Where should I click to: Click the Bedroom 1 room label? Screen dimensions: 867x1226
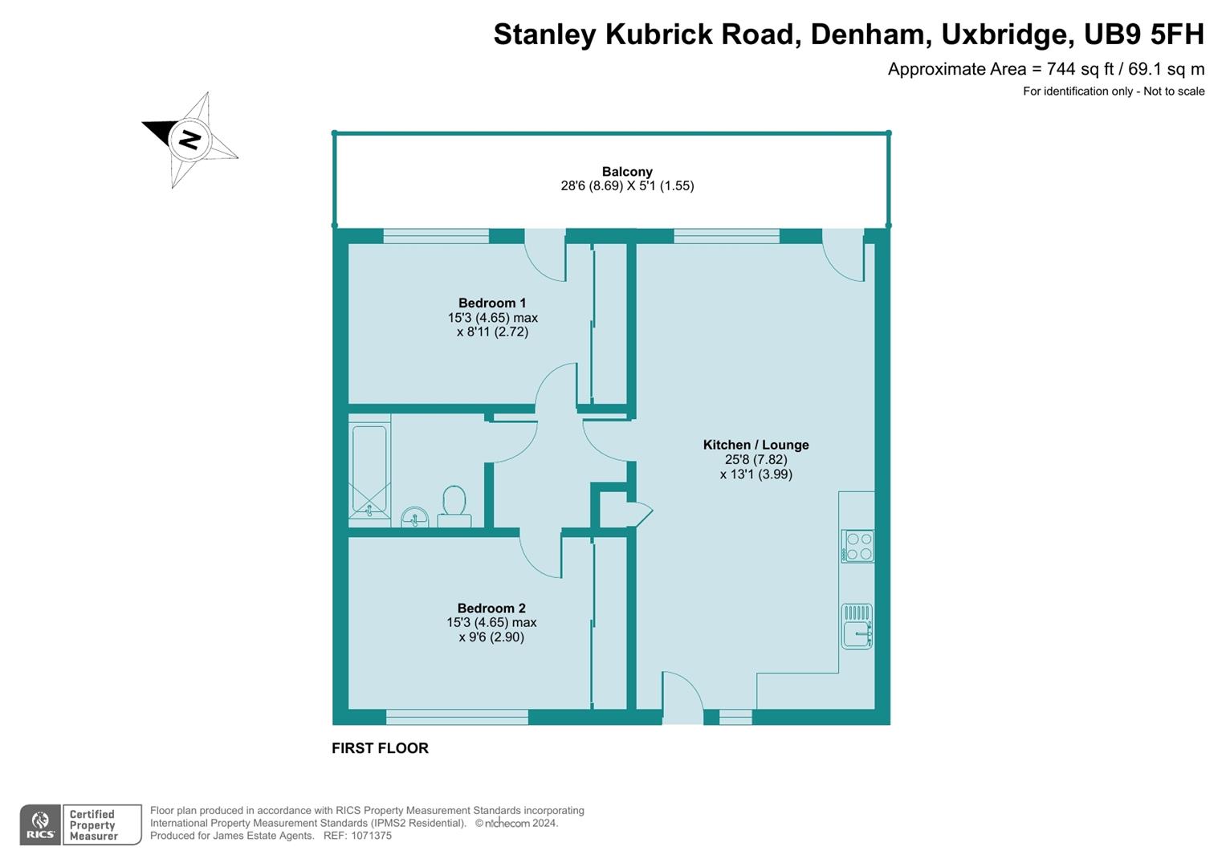click(492, 303)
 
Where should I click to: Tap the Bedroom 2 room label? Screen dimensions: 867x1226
click(491, 608)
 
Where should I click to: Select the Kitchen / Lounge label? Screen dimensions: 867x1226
click(756, 445)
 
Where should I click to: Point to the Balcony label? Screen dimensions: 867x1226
click(627, 171)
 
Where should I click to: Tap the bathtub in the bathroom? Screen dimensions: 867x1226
click(369, 469)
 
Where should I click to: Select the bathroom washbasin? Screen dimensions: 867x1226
click(414, 517)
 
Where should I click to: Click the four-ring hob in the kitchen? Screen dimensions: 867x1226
click(857, 546)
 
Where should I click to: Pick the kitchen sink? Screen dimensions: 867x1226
click(857, 627)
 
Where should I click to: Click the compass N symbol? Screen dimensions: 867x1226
click(189, 139)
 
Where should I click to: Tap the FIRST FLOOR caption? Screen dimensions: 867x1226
click(380, 748)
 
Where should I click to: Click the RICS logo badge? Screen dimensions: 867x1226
click(39, 824)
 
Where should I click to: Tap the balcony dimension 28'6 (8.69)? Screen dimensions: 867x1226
click(591, 186)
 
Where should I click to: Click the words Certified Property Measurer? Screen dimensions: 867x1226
click(93, 825)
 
